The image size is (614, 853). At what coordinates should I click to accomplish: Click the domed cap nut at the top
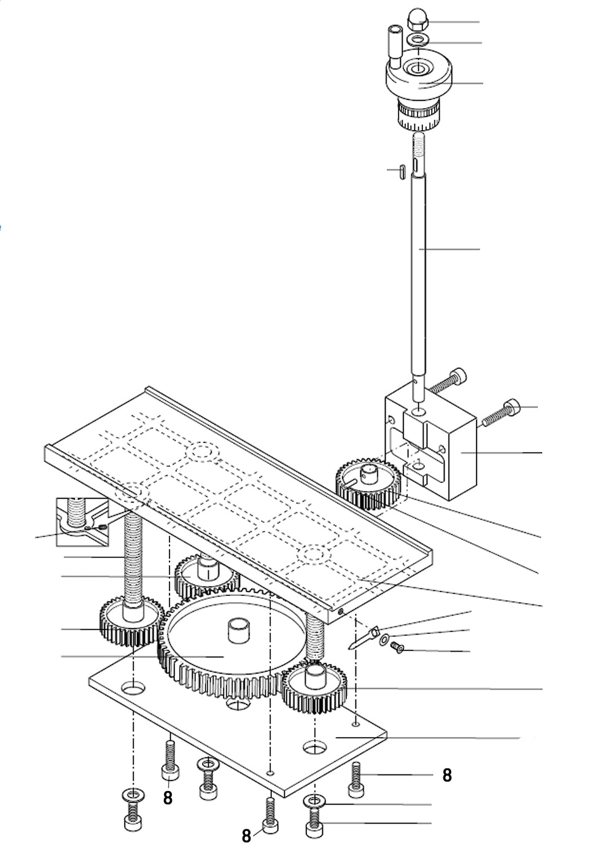[418, 20]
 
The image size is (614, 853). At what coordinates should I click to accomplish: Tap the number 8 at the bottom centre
[246, 836]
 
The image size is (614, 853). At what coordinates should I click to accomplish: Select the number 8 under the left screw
[168, 798]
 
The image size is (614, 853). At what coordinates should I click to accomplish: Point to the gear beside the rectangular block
[368, 483]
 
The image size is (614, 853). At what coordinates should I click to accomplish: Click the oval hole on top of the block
[418, 412]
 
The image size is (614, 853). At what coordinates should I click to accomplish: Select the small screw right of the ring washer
[397, 647]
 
